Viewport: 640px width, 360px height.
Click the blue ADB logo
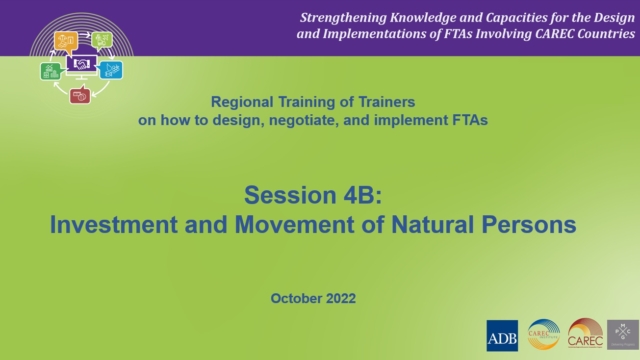(x=502, y=335)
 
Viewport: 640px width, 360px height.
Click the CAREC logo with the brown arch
(x=585, y=335)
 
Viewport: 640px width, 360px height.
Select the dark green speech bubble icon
(x=50, y=71)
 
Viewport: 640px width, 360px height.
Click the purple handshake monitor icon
(x=81, y=64)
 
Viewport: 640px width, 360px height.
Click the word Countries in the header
(x=597, y=35)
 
